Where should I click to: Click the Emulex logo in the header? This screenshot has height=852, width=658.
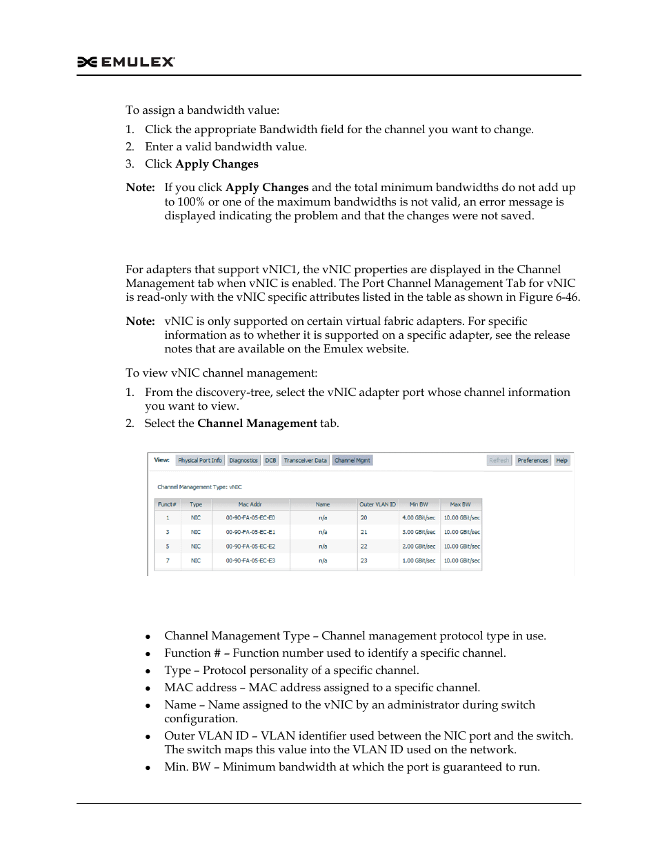click(x=126, y=62)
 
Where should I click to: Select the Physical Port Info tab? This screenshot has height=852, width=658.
click(x=200, y=460)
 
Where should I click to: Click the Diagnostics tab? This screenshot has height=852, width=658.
click(x=243, y=460)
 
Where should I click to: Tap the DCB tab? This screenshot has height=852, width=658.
click(x=270, y=460)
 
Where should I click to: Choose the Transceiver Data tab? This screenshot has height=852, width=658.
click(x=305, y=460)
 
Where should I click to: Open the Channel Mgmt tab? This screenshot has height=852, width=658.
click(x=352, y=460)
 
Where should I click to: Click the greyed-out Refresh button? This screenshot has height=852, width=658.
click(x=499, y=460)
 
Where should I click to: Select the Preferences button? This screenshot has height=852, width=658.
click(x=532, y=460)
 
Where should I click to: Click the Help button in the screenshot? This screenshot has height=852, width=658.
click(x=562, y=460)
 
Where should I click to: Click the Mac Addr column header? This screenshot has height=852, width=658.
click(x=250, y=504)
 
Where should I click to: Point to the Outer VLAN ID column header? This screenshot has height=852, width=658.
click(x=377, y=504)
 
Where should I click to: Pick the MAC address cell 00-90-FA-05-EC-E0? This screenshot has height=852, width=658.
click(x=250, y=517)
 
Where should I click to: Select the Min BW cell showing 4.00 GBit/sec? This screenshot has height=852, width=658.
click(x=419, y=517)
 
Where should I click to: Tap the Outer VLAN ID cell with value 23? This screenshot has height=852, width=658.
click(x=363, y=561)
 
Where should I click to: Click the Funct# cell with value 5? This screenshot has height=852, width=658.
click(x=167, y=546)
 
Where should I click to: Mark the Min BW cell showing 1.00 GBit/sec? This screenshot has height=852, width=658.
click(x=419, y=561)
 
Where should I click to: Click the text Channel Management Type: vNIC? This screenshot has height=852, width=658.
click(x=199, y=487)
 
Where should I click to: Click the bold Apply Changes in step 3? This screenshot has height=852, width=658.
click(x=217, y=164)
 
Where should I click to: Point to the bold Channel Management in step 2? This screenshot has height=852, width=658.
click(x=257, y=424)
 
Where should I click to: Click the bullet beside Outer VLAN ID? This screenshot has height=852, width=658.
click(x=148, y=737)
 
